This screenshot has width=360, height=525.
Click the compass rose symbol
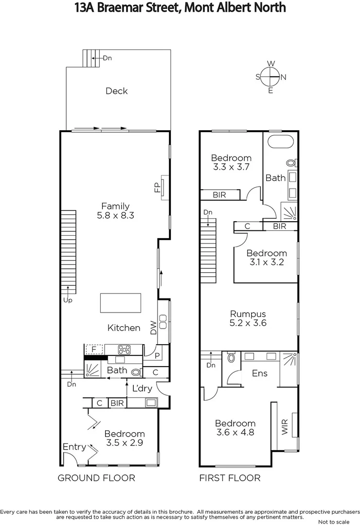click(270, 77)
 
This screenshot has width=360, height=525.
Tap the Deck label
click(116, 91)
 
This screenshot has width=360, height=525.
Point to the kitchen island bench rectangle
click(120, 303)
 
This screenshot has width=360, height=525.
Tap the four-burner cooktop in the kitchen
click(124, 349)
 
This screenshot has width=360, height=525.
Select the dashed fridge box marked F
click(94, 349)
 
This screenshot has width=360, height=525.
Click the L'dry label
click(143, 388)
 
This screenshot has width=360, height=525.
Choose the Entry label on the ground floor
click(74, 447)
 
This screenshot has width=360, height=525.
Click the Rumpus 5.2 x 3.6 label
click(248, 318)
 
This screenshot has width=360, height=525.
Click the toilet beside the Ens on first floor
click(231, 359)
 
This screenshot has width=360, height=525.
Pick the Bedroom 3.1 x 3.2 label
click(266, 257)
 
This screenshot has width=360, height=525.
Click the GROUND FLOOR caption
click(96, 478)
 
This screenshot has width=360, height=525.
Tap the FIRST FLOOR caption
click(230, 478)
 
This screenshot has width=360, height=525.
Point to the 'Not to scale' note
click(333, 522)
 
